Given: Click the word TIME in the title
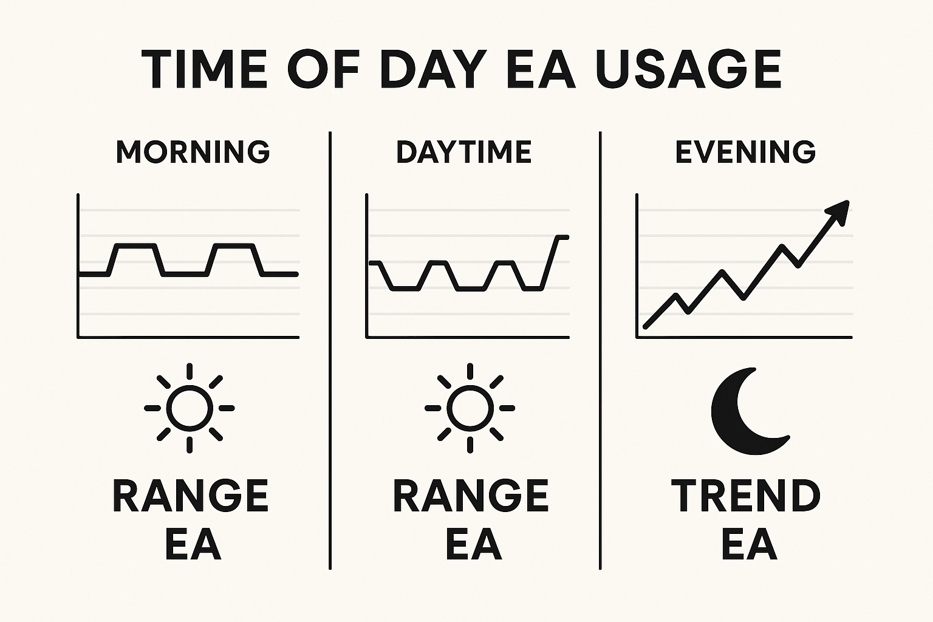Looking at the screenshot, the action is pos(204,69).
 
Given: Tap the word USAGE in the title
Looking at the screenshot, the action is pos(688,69).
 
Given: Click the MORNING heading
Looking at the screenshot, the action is pos(193,152).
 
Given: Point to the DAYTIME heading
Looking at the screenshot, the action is pos(464,152).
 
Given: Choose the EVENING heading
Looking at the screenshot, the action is pos(745,152).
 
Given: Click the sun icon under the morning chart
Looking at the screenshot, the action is pos(190,408).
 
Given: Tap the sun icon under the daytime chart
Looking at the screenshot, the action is pos(470,408).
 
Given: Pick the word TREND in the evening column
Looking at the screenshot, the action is pos(745,496).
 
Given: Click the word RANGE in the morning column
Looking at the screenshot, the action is pos(191,496).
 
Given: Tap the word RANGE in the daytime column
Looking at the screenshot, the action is pos(471,496).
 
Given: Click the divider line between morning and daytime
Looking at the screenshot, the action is pos(330,350).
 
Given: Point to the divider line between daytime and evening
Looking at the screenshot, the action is pos(600,350).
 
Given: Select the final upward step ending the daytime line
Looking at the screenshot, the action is pos(550,262).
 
